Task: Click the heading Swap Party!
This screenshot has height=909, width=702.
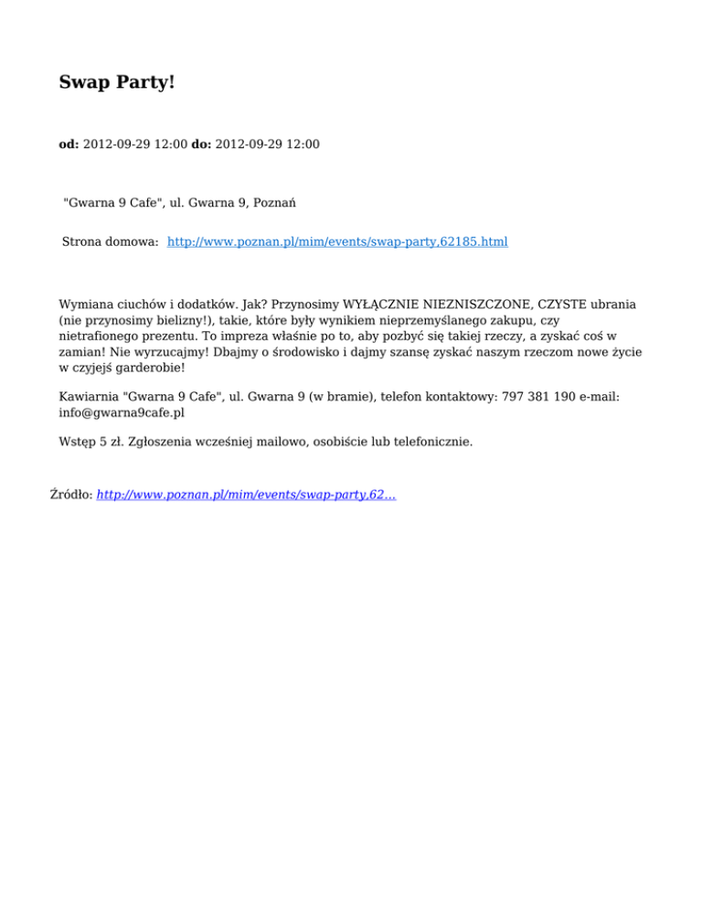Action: pyautogui.click(x=116, y=82)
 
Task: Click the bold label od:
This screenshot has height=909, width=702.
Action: pyautogui.click(x=69, y=144)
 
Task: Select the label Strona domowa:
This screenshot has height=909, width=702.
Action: pyautogui.click(x=111, y=241)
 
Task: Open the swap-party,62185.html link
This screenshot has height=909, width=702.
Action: pyautogui.click(x=338, y=241)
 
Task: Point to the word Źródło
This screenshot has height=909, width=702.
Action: pyautogui.click(x=70, y=494)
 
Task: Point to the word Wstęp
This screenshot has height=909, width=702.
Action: pyautogui.click(x=78, y=442)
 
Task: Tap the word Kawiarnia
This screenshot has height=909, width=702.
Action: pyautogui.click(x=89, y=397)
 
